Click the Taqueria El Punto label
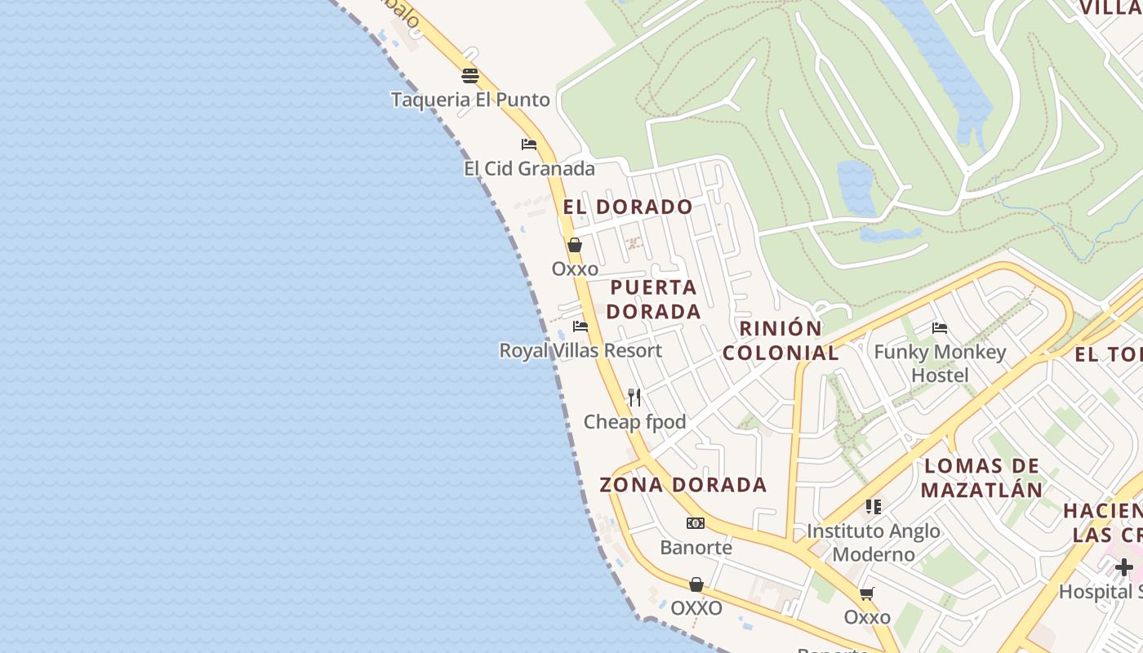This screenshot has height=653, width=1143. [470, 100]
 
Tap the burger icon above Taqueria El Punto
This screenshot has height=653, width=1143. [470, 76]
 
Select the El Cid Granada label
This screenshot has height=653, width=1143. [529, 169]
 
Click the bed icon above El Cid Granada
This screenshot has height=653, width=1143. [529, 144]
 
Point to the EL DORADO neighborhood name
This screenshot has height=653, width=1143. [628, 207]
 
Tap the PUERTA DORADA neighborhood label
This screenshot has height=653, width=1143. [654, 300]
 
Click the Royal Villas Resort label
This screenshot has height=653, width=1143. [580, 351]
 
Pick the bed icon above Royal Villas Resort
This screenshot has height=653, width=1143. [580, 326]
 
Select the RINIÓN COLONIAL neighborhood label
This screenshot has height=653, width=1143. [781, 340]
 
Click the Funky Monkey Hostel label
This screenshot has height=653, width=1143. [940, 363]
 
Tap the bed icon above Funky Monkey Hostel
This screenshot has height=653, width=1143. [940, 328]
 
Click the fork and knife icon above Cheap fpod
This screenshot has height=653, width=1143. [634, 398]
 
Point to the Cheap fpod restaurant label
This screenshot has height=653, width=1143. [634, 422]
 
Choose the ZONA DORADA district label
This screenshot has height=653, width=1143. [683, 485]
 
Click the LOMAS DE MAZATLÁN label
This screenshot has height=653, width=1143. [981, 478]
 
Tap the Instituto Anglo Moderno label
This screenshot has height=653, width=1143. [873, 543]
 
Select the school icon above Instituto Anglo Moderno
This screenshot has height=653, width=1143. [874, 507]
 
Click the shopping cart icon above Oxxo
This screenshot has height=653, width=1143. [867, 593]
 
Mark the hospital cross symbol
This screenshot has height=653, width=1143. [1124, 567]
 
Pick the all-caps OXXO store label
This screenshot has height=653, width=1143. [696, 609]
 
